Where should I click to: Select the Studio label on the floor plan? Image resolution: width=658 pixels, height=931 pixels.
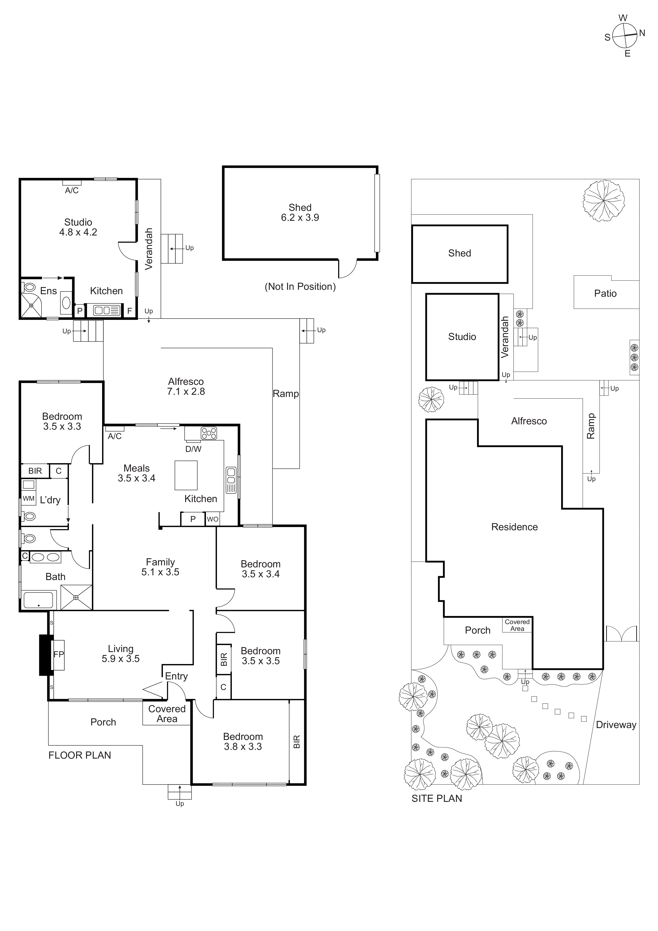[78, 222]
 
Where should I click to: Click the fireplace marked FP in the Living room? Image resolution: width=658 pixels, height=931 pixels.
[58, 654]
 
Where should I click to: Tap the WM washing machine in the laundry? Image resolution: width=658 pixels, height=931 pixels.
[28, 498]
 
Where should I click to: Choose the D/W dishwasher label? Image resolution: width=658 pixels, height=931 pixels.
[193, 449]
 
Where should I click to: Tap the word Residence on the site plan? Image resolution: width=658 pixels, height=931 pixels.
[514, 527]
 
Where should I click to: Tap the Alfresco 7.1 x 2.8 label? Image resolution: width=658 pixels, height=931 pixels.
[186, 386]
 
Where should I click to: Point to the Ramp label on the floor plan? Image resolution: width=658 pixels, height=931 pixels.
[286, 394]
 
